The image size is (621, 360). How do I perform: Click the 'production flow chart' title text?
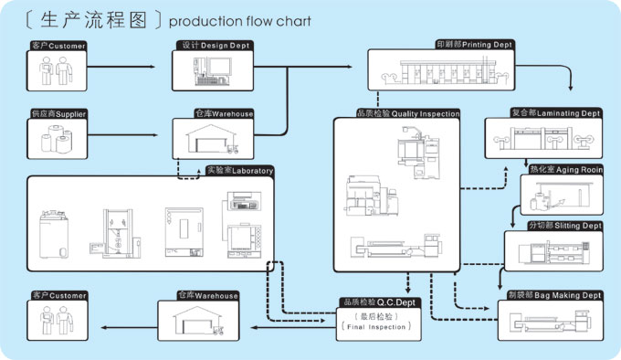pyautogui.click(x=239, y=21)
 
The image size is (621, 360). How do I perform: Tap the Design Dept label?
pyautogui.click(x=215, y=45)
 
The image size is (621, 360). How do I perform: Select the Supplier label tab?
pyautogui.click(x=58, y=114)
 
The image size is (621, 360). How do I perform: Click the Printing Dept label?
pyautogui.click(x=474, y=45)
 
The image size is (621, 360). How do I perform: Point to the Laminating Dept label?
pyautogui.click(x=555, y=113)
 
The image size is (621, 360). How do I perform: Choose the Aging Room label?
pyautogui.click(x=566, y=170)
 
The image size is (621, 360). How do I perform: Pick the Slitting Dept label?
pyautogui.click(x=564, y=226)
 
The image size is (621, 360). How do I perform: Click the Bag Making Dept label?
pyautogui.click(x=554, y=295)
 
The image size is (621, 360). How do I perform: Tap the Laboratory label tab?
pyautogui.click(x=240, y=171)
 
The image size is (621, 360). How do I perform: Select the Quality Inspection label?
pyautogui.click(x=408, y=113)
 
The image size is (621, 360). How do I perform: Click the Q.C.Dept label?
pyautogui.click(x=379, y=302)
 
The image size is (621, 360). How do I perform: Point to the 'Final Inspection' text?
pyautogui.click(x=376, y=327)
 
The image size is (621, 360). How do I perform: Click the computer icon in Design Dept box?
pyautogui.click(x=212, y=71)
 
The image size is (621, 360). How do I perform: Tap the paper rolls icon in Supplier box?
pyautogui.click(x=57, y=140)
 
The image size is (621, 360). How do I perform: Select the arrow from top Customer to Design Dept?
pyautogui.click(x=121, y=67)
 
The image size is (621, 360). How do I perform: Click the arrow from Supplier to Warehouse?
pyautogui.click(x=122, y=135)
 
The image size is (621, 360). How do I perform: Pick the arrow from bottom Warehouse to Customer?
pyautogui.click(x=129, y=327)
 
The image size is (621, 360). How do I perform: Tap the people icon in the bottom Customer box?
pyautogui.click(x=57, y=320)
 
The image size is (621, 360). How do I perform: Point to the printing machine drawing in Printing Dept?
pyautogui.click(x=445, y=71)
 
